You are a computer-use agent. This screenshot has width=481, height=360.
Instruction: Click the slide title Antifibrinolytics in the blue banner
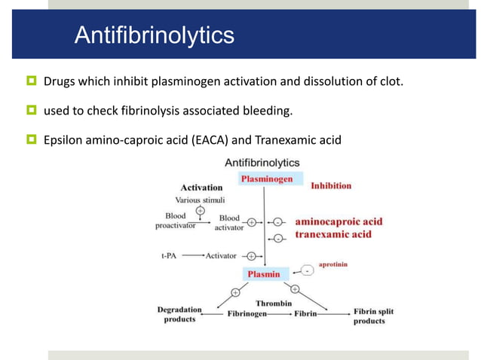pos(154,35)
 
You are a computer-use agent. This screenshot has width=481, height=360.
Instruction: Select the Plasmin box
pos(264,274)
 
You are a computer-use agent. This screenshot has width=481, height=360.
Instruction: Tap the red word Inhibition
pos(331,185)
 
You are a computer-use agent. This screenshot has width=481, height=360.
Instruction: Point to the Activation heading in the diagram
pos(201,188)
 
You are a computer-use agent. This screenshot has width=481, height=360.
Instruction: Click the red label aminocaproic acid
pos(339,221)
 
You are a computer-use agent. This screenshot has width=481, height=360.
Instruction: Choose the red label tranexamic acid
pos(333,234)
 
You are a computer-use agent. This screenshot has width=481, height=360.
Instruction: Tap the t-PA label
pos(170,255)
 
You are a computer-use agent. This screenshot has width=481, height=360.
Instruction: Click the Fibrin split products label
pos(373,316)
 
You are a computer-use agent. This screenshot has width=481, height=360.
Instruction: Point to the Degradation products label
pos(179,314)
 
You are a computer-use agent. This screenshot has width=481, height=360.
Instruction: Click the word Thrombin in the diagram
pos(274,303)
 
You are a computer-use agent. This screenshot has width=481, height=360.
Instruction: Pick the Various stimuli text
pos(200,200)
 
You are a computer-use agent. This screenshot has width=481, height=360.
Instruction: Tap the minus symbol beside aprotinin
pos(308,270)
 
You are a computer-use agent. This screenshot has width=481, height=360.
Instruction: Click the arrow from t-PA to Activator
pos(193,255)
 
